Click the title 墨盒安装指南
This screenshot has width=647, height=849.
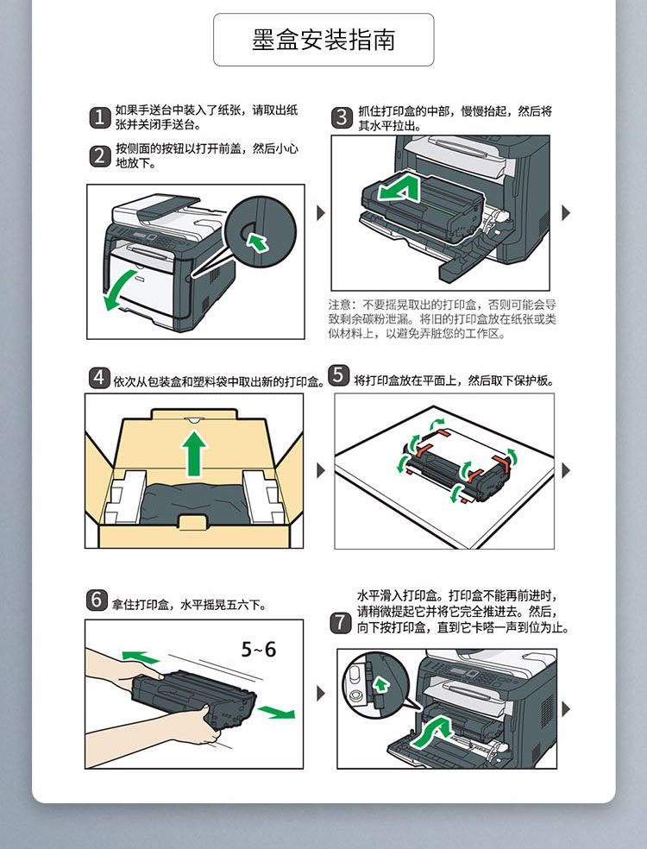(323, 40)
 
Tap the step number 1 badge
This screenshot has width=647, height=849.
(101, 117)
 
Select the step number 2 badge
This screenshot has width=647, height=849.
(101, 156)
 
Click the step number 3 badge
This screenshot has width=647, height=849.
(343, 117)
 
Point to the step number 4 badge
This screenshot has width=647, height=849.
(100, 378)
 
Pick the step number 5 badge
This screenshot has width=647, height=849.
(340, 376)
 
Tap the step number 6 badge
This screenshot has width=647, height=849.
(97, 601)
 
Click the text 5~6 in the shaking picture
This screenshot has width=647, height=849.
(258, 649)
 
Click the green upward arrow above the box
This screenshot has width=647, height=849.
(195, 453)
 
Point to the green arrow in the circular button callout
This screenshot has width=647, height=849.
(257, 242)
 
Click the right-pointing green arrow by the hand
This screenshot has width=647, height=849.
(276, 712)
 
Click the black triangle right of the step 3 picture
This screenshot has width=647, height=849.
(567, 212)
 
